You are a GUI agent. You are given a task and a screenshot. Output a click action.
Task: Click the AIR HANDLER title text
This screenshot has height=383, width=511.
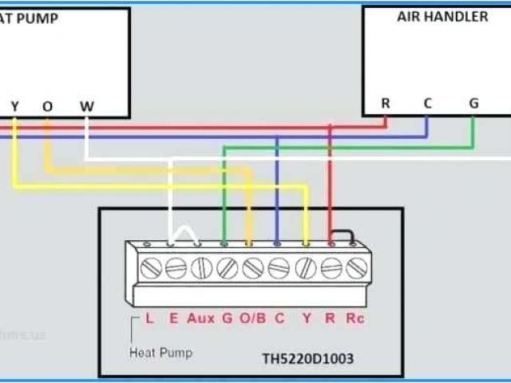click(x=442, y=17)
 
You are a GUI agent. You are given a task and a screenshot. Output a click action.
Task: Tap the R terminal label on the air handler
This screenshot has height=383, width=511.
click(x=386, y=103)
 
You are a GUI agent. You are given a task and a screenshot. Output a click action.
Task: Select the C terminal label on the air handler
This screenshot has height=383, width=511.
click(x=428, y=103)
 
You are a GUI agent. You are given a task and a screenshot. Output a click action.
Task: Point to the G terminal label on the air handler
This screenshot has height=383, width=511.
click(x=473, y=103)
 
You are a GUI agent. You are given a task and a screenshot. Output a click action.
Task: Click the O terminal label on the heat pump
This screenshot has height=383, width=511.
click(x=47, y=107)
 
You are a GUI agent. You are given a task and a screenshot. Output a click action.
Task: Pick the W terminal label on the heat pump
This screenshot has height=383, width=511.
click(x=86, y=107)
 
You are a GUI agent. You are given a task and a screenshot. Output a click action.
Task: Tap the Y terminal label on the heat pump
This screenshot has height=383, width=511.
click(x=14, y=107)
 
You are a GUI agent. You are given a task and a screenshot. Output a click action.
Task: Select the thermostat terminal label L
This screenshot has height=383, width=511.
click(x=149, y=318)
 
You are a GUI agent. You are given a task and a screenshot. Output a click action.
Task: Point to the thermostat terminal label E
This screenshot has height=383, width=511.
click(x=173, y=318)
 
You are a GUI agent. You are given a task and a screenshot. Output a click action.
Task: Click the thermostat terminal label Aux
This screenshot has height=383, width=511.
click(x=200, y=318)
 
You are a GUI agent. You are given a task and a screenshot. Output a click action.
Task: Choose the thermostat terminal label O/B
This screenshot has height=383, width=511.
click(x=252, y=318)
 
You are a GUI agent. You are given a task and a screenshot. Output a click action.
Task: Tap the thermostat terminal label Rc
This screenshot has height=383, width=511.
click(x=354, y=318)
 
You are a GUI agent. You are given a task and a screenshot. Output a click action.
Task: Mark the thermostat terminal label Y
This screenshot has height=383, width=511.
click(x=305, y=318)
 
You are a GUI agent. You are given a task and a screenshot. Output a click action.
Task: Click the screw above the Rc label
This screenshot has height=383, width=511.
click(x=356, y=269)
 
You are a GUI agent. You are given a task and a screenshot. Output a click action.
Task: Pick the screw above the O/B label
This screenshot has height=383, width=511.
click(x=253, y=269)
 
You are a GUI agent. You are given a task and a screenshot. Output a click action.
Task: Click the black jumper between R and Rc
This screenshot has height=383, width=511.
click(x=344, y=235)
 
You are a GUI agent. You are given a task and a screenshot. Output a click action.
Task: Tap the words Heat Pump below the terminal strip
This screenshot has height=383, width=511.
click(x=160, y=352)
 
